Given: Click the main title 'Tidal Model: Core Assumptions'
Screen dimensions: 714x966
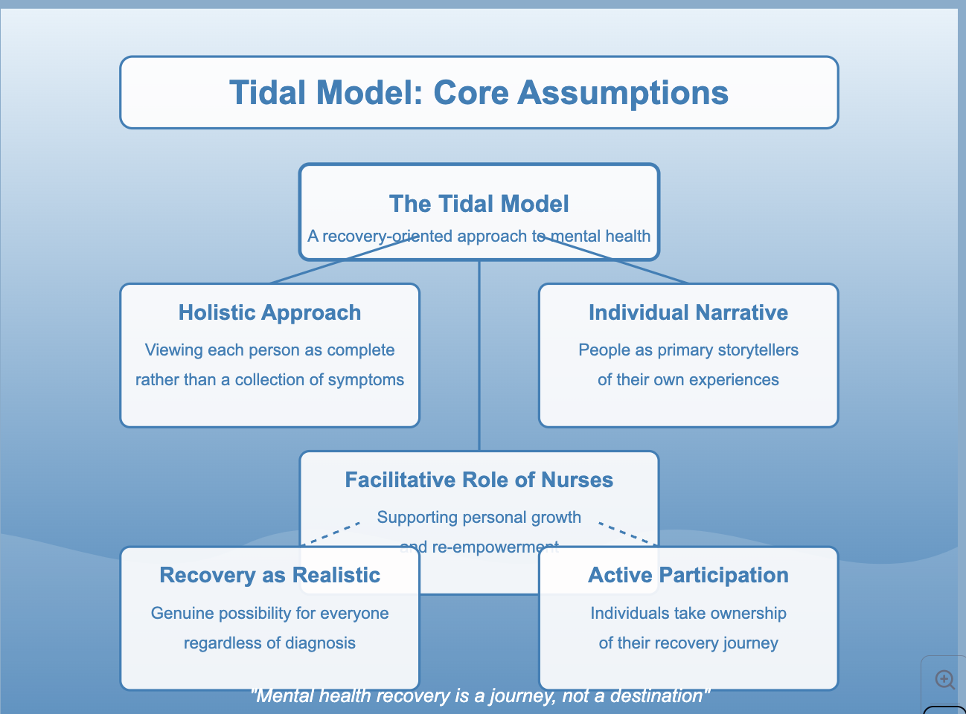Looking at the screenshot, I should point(479,93).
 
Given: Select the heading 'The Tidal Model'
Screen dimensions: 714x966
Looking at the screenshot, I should point(479,204).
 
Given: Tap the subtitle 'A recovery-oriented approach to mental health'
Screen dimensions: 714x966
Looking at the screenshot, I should point(479,237).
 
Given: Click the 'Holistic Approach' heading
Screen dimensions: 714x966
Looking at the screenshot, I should point(269,312).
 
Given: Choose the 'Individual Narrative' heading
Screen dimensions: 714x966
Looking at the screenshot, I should point(688,312).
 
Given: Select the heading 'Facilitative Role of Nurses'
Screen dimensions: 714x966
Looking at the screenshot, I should point(479,480).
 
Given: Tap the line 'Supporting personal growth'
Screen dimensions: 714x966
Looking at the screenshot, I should point(479,518).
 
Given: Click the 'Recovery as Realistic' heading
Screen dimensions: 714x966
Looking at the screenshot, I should point(269,575).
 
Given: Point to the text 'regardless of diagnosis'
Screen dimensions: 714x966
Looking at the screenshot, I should point(269,643).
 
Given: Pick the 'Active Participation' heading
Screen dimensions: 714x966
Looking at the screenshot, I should point(688,575).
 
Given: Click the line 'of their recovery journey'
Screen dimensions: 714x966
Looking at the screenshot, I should point(688,643).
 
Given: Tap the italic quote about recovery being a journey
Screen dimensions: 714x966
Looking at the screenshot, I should point(481,696).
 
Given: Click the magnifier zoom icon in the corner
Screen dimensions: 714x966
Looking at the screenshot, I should point(944,679).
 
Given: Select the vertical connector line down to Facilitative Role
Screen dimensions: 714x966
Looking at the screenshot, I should point(479,357).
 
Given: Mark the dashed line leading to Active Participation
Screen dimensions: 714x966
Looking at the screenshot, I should point(627,534).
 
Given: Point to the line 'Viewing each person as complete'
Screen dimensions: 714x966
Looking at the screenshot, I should point(269,350).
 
